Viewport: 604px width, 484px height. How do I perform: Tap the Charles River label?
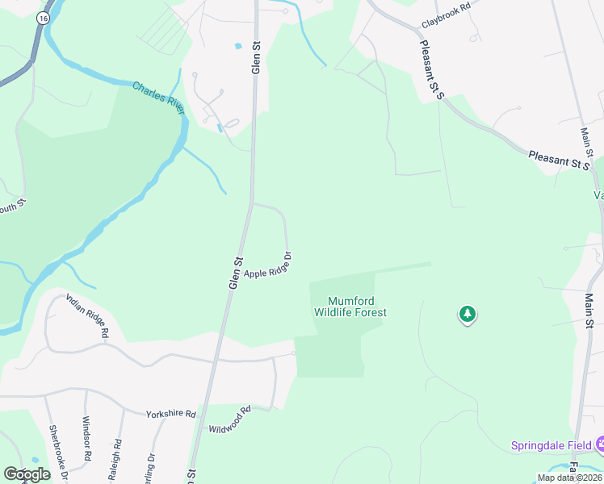pyautogui.click(x=159, y=97)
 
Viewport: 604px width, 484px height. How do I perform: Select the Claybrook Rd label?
pyautogui.click(x=445, y=25)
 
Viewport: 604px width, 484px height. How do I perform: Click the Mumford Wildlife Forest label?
pyautogui.click(x=350, y=307)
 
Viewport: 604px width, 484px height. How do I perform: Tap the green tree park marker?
pyautogui.click(x=467, y=314)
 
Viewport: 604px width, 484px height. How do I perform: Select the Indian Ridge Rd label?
pyautogui.click(x=87, y=315)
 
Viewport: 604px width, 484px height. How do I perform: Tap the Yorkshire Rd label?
pyautogui.click(x=171, y=414)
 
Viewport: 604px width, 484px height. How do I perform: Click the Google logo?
pyautogui.click(x=27, y=474)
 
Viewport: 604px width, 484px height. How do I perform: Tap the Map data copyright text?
pyautogui.click(x=569, y=478)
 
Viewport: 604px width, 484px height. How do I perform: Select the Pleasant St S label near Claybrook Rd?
pyautogui.click(x=433, y=73)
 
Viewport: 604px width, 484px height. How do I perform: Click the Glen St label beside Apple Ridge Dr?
pyautogui.click(x=236, y=273)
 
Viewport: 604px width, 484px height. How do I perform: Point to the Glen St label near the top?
pyautogui.click(x=255, y=60)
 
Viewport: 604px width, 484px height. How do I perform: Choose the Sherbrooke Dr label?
pyautogui.click(x=56, y=452)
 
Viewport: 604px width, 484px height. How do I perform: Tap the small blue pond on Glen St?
pyautogui.click(x=238, y=46)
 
